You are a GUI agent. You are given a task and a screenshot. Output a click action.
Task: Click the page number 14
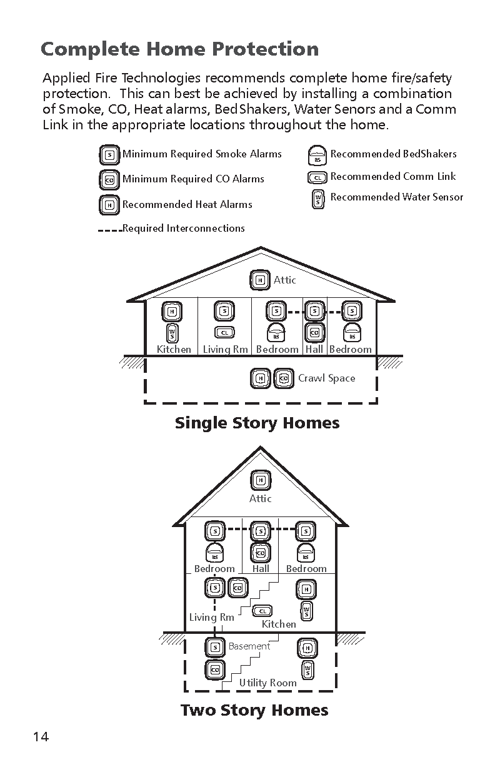tap(41, 737)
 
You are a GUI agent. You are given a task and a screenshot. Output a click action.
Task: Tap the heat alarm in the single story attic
tap(260, 280)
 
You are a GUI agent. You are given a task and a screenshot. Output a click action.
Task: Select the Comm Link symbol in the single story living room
tap(224, 333)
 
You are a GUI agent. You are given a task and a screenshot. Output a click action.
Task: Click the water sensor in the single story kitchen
tap(172, 333)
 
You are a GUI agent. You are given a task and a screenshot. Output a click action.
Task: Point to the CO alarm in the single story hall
tap(314, 332)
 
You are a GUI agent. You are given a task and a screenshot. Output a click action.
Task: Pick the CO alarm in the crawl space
tap(284, 378)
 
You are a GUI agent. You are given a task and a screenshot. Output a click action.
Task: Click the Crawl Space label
tap(326, 378)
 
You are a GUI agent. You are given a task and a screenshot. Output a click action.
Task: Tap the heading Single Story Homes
tap(257, 423)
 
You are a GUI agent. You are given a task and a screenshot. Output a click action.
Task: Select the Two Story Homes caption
tap(254, 710)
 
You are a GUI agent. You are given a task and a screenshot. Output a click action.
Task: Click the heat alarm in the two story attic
tap(261, 480)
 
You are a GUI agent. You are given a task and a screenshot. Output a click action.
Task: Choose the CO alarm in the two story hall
tap(261, 553)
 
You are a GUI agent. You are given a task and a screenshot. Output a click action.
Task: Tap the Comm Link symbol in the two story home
tap(262, 611)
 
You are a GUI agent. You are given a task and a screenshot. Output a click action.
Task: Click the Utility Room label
tap(267, 683)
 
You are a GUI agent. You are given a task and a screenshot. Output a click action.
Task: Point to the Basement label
tap(249, 646)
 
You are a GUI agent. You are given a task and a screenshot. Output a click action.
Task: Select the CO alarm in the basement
tap(215, 670)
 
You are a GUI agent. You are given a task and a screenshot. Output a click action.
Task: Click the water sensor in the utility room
tap(308, 670)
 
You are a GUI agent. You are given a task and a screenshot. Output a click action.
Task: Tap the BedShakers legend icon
tap(317, 155)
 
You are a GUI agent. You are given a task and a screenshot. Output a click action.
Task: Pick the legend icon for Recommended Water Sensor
tap(318, 199)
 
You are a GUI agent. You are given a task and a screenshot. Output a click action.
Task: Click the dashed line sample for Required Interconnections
tap(110, 230)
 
